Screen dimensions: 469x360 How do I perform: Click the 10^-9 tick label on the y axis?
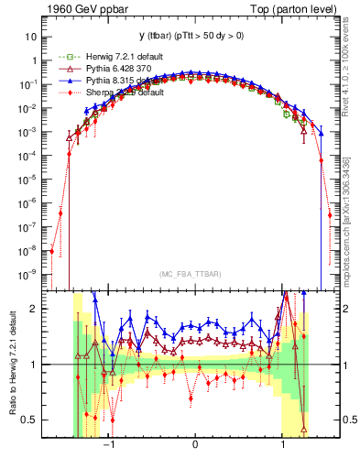pos(28,274)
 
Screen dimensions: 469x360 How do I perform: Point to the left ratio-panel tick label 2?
pos(34,309)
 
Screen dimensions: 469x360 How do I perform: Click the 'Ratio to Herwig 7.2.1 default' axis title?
pos(12,365)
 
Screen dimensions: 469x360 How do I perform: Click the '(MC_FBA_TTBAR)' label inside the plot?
pos(195,274)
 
